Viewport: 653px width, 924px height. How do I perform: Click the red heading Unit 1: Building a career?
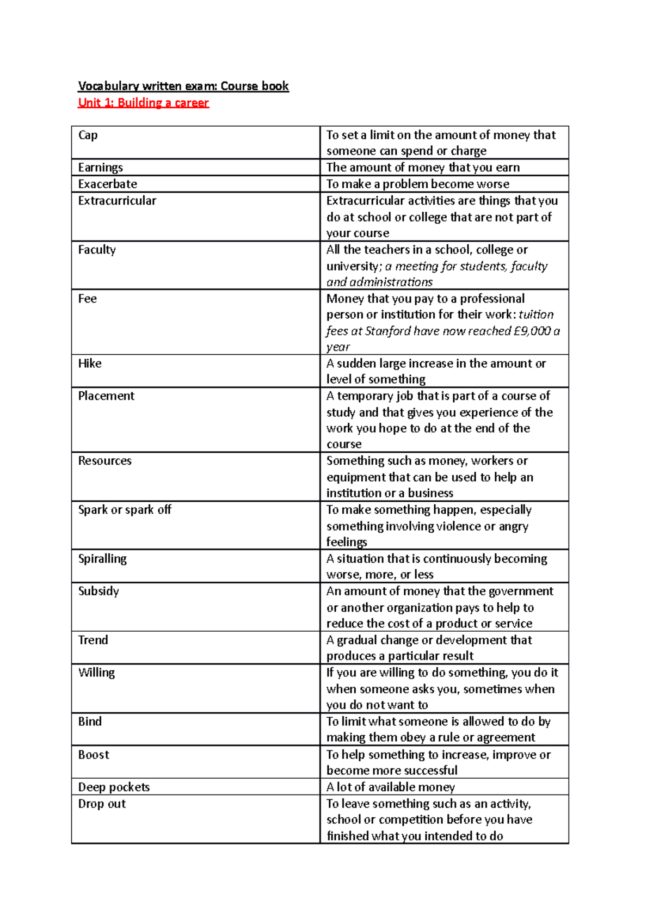coord(143,102)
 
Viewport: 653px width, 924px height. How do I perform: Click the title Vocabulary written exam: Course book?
coord(183,86)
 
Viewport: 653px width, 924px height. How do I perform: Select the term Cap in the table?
coord(88,135)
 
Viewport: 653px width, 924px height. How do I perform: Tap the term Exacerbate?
coord(107,184)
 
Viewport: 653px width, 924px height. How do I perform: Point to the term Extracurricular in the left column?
coord(117,201)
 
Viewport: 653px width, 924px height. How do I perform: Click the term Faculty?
coord(97,250)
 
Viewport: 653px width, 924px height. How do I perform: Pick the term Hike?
coord(90,364)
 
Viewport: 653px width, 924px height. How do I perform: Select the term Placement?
coord(106,396)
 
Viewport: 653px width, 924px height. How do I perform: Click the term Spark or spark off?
coord(125,510)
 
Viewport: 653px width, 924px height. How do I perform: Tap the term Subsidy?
coord(98,592)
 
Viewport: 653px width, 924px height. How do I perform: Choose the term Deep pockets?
coord(114,787)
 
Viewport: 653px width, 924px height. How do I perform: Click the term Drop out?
coord(102,804)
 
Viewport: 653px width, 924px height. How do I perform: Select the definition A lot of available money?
coord(391,787)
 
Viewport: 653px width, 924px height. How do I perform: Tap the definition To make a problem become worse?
coord(418,184)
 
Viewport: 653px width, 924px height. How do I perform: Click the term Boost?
coord(94,755)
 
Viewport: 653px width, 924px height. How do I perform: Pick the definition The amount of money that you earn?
coord(423,168)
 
